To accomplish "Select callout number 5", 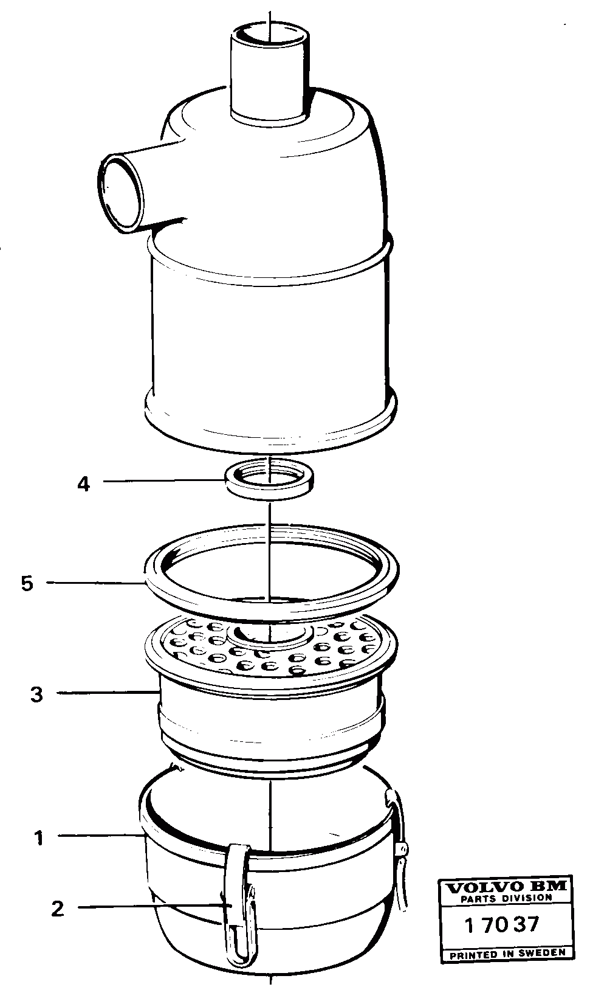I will (27, 583).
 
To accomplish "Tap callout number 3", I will (37, 694).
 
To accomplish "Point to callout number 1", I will (39, 838).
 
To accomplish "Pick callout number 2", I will (57, 909).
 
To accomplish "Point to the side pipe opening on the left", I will (118, 193).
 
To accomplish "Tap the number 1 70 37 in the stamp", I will (501, 925).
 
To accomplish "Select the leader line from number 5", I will (97, 583).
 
